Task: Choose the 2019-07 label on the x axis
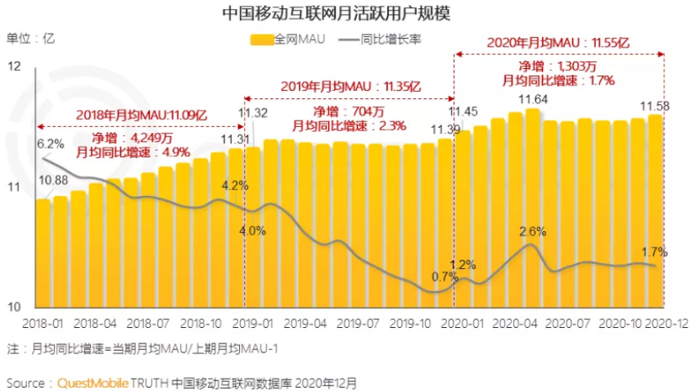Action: click(x=358, y=324)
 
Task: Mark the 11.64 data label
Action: click(x=532, y=100)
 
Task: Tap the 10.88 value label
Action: click(x=53, y=180)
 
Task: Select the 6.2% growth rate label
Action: click(x=51, y=144)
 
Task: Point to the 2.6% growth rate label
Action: click(x=533, y=231)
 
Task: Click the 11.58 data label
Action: click(x=656, y=107)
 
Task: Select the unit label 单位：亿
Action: click(x=30, y=38)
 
